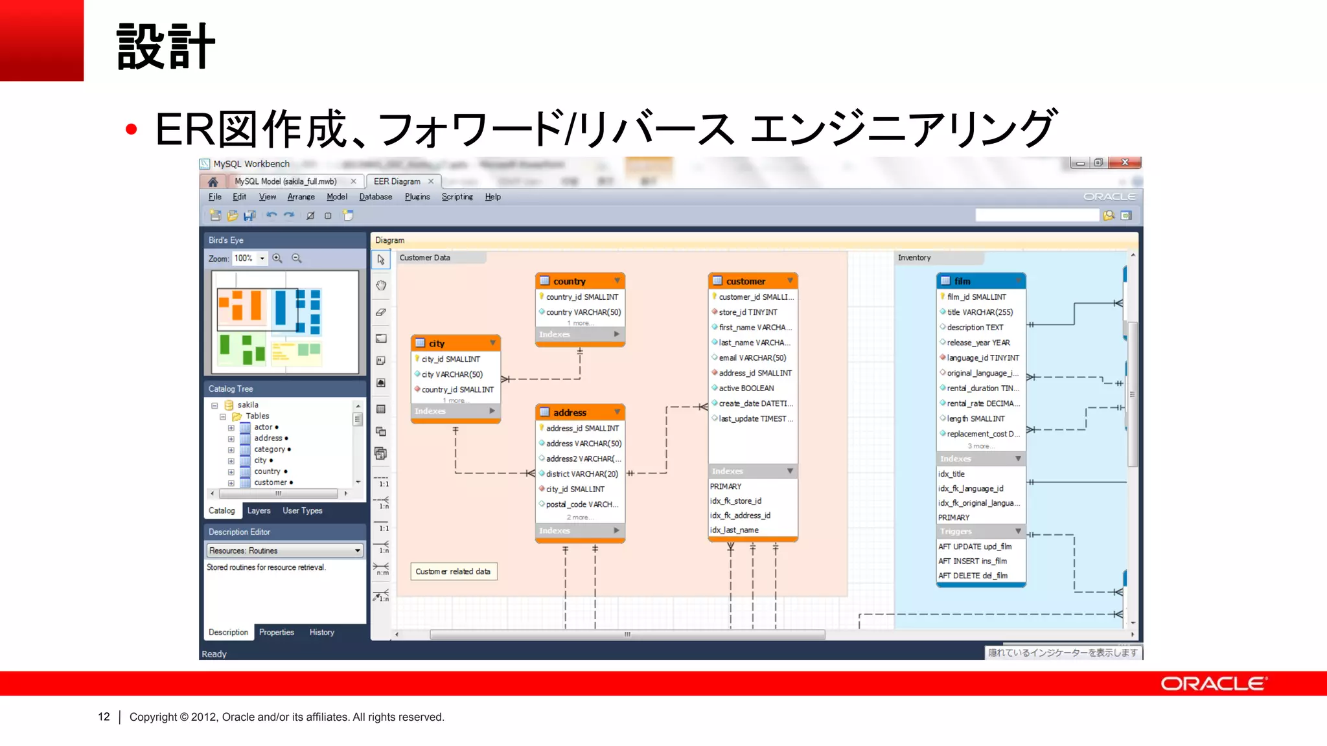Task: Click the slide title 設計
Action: pyautogui.click(x=165, y=47)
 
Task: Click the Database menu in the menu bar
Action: pyautogui.click(x=375, y=197)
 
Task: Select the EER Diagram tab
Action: pyautogui.click(x=397, y=181)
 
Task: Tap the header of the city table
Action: pyautogui.click(x=454, y=343)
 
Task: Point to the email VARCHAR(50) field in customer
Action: pyautogui.click(x=752, y=357)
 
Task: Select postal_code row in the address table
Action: pyautogui.click(x=581, y=504)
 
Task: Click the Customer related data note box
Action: pyautogui.click(x=453, y=571)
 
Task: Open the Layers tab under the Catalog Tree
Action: pyautogui.click(x=259, y=511)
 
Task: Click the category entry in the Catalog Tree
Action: pyautogui.click(x=270, y=449)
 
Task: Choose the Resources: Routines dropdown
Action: pyautogui.click(x=284, y=550)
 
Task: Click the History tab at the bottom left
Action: pyautogui.click(x=321, y=632)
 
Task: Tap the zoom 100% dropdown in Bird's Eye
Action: pyautogui.click(x=249, y=258)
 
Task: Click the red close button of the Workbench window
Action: pyautogui.click(x=1124, y=163)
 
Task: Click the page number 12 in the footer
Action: pyautogui.click(x=104, y=717)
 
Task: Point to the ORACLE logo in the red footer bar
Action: pyautogui.click(x=1214, y=684)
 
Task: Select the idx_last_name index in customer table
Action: pyautogui.click(x=734, y=530)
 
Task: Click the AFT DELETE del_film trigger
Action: pyautogui.click(x=973, y=576)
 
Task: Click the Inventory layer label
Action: pyautogui.click(x=914, y=258)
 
